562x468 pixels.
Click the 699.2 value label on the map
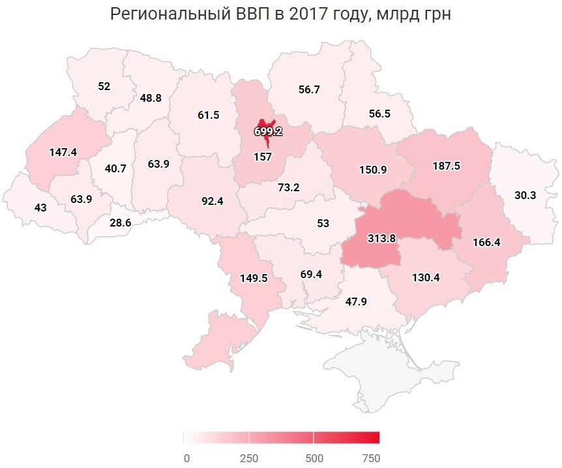pos(268,131)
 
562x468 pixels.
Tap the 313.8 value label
pos(381,238)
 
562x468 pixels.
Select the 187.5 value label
pos(446,166)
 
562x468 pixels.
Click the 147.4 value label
pos(63,151)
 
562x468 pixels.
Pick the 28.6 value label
pos(120,223)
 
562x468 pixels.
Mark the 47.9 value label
pos(357,301)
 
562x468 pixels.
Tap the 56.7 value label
pos(308,89)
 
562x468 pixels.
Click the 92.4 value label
pos(213,201)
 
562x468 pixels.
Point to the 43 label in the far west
pos(40,207)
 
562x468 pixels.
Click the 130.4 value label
pos(426,277)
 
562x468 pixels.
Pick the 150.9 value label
pos(373,170)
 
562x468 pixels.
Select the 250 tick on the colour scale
pos(249,458)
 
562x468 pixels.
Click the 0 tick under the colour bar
pos(186,458)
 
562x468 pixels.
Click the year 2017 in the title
pos(309,14)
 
